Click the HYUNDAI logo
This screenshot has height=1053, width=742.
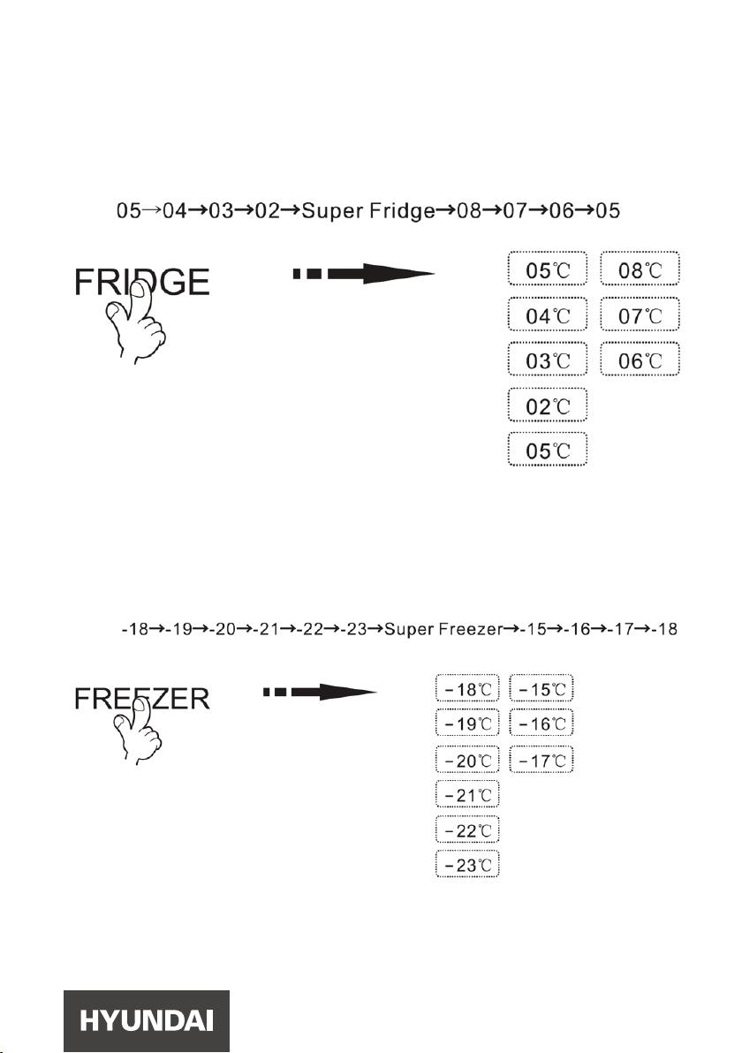147,1021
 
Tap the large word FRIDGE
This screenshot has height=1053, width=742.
141,282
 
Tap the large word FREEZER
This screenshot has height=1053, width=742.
141,699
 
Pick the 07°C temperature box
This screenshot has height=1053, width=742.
640,315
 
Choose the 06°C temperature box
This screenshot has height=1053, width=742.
640,360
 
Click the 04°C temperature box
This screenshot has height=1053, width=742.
548,315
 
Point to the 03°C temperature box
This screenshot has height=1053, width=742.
548,360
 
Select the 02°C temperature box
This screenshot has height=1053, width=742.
548,405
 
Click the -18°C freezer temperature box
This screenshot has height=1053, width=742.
467,688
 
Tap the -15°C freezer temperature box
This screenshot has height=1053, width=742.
541,688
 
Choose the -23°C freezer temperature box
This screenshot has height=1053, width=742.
467,864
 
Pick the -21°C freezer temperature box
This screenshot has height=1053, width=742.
467,794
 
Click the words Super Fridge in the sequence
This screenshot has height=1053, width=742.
368,211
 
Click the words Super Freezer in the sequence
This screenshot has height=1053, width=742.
443,629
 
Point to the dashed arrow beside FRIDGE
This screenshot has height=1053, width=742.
363,273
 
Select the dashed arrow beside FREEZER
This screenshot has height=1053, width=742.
320,692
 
